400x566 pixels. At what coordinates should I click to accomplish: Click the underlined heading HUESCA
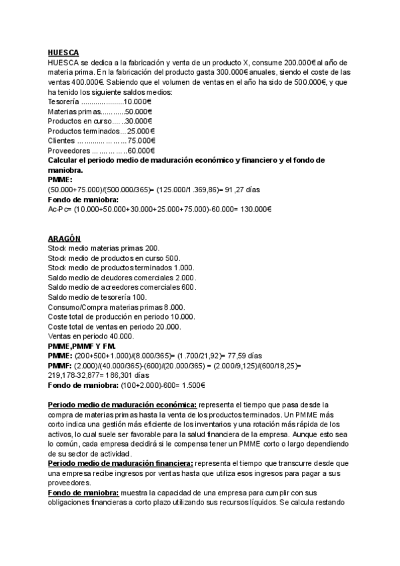[x=63, y=53]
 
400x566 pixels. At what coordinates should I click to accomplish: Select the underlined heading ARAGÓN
[x=64, y=238]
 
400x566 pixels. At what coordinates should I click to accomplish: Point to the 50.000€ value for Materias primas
[x=141, y=111]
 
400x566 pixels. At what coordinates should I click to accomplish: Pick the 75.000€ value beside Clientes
[x=141, y=141]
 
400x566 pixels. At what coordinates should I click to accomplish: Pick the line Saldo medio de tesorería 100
[x=97, y=297]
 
